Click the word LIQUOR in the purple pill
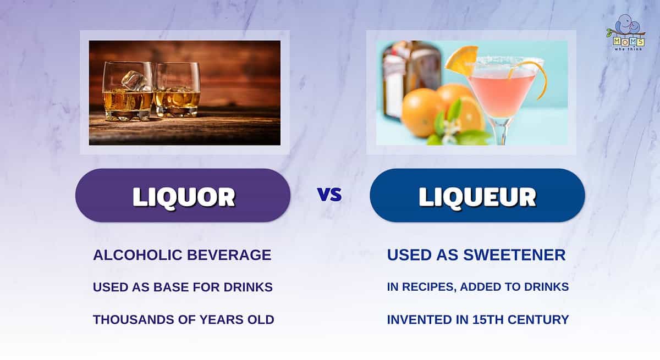[184, 197]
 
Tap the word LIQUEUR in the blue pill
[477, 197]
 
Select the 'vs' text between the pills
[329, 195]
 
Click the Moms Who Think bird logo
[625, 32]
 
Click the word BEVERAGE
[229, 255]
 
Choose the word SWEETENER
[514, 255]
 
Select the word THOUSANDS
[134, 320]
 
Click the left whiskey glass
[128, 91]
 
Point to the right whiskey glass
[177, 90]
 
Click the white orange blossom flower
[452, 130]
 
